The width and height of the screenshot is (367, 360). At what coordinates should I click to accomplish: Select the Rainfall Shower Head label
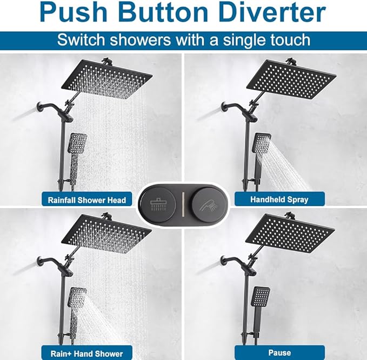86,199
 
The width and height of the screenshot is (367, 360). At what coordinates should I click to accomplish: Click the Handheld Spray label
279,199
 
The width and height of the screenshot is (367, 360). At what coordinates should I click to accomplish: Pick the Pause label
279,353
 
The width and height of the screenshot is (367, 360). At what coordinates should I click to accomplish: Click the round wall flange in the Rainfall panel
41,106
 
